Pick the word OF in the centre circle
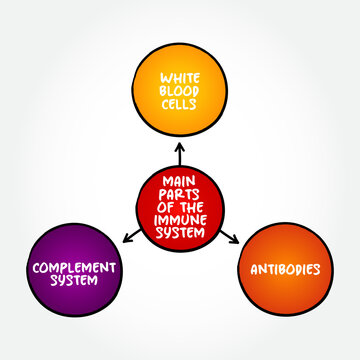pyautogui.click(x=166, y=207)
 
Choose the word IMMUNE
pyautogui.click(x=181, y=219)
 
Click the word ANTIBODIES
pyautogui.click(x=287, y=270)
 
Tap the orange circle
pyautogui.click(x=287, y=300)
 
